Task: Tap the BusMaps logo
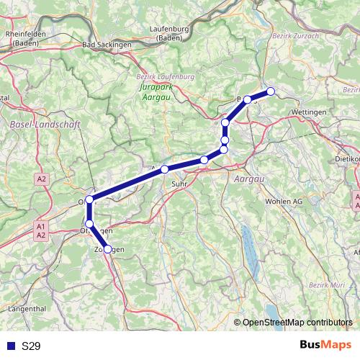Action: [325, 346]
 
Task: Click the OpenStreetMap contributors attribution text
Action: [297, 323]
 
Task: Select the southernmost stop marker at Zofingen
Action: [108, 249]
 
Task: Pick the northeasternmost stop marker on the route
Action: [271, 91]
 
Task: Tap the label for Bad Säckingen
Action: [107, 45]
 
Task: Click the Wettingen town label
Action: [310, 113]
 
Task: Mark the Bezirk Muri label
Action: [328, 286]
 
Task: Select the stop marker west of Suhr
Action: [165, 169]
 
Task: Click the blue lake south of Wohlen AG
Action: [248, 241]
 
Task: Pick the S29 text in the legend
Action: [31, 346]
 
